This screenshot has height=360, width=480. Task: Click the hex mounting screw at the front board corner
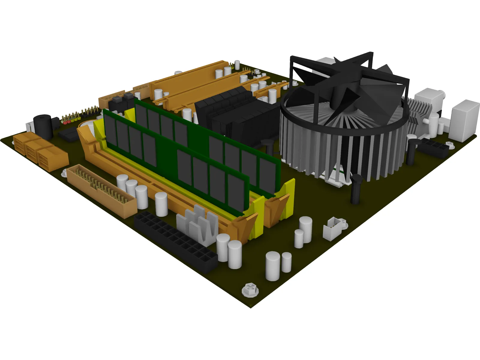(250, 289)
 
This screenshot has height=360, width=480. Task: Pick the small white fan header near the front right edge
(334, 228)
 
